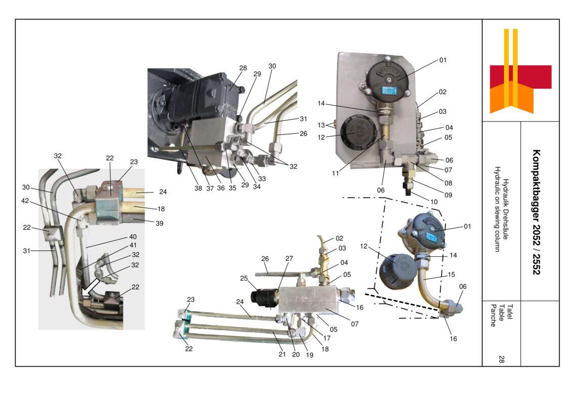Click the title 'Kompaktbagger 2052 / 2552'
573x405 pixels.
[537, 212]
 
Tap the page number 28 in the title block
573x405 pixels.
[501, 359]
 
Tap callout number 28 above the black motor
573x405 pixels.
[243, 68]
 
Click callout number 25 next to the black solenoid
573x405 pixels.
[243, 278]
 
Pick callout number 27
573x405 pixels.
[289, 258]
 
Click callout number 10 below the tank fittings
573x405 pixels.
[434, 201]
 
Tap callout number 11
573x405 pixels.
[336, 173]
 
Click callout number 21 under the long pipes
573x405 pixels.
[282, 354]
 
